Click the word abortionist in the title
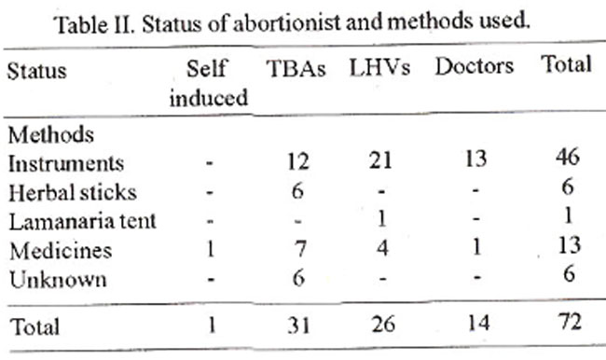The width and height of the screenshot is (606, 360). click(287, 23)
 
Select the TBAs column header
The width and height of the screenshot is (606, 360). click(296, 69)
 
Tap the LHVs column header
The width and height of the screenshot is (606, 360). click(379, 67)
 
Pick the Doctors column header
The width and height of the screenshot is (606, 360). click(475, 66)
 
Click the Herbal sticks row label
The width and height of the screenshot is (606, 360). click(73, 192)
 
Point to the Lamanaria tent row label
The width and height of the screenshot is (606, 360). click(82, 222)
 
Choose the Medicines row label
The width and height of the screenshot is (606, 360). click(61, 251)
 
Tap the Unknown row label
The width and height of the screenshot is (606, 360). click(58, 280)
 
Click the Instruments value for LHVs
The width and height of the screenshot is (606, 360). click(380, 160)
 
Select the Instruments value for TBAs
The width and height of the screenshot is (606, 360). click(298, 161)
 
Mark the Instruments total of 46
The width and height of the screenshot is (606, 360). click(568, 157)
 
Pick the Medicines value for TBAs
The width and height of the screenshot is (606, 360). click(299, 249)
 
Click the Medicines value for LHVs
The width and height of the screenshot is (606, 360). click(382, 247)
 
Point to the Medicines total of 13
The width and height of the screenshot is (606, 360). click(570, 245)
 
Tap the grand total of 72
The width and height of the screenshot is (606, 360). click(570, 322)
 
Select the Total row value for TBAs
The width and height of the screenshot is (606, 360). click(298, 325)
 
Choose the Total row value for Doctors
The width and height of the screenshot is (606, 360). click(478, 323)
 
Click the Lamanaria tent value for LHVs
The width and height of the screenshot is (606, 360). click(381, 219)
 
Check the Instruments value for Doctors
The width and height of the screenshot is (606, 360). click(475, 159)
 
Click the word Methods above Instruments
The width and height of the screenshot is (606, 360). click(51, 135)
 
